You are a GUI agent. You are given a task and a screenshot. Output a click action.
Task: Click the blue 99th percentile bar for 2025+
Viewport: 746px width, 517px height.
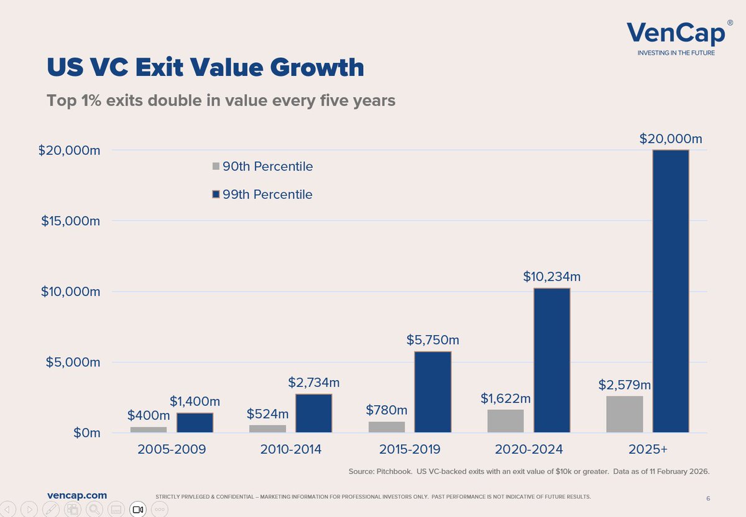point(670,291)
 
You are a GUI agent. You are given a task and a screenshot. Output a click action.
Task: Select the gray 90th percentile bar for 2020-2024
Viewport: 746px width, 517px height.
point(505,421)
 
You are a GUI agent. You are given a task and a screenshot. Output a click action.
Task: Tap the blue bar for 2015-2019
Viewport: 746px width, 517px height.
point(433,392)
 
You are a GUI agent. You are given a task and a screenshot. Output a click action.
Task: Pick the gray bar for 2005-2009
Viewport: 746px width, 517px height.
point(149,429)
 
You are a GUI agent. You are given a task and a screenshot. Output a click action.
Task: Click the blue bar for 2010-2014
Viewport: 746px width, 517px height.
point(313,413)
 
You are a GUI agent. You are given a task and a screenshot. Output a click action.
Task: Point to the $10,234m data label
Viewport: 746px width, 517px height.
point(551,276)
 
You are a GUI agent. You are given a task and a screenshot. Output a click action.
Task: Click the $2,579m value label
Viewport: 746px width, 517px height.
point(624,385)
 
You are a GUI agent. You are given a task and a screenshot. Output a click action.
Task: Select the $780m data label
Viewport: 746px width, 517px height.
point(386,410)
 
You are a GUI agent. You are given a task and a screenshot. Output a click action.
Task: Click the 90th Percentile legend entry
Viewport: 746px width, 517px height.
point(267,167)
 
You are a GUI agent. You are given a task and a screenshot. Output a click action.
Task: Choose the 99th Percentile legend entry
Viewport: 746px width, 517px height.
point(267,195)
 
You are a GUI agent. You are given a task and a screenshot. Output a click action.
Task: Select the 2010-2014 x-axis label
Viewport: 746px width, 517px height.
point(290,449)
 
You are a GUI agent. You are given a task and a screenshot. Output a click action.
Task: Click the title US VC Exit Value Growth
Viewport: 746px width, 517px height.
point(205,68)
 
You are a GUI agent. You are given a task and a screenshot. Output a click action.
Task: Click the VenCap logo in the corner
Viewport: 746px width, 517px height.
point(676,37)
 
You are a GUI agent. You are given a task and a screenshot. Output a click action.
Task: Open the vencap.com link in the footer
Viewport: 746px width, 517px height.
point(76,495)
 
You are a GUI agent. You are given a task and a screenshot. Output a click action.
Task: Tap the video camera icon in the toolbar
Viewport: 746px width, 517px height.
point(138,510)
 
